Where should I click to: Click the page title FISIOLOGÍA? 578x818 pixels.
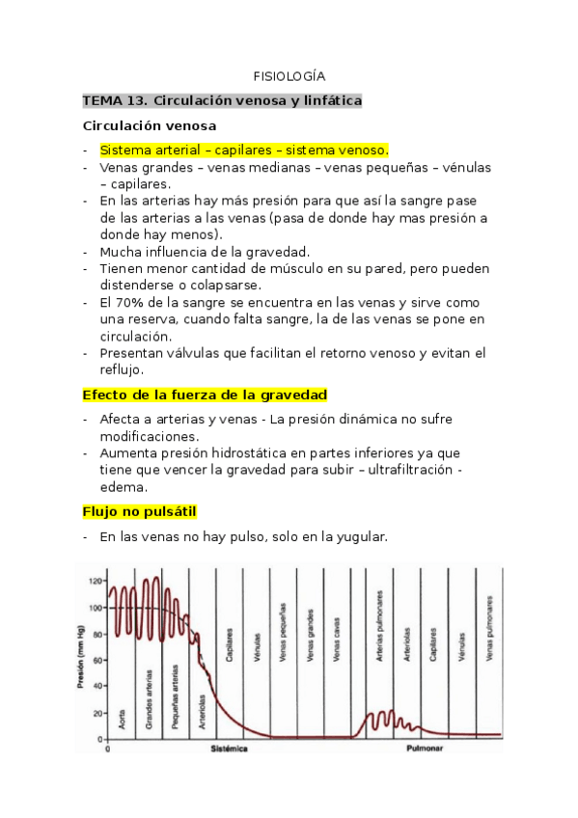pos(289,75)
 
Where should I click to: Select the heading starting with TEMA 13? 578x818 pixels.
pos(222,100)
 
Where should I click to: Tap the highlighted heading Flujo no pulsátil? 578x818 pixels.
pos(141,510)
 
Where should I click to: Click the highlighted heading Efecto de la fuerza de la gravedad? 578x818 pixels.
pos(205,395)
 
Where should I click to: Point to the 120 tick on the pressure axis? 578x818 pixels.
pos(95,582)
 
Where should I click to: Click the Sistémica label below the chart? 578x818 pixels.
pos(230,749)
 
